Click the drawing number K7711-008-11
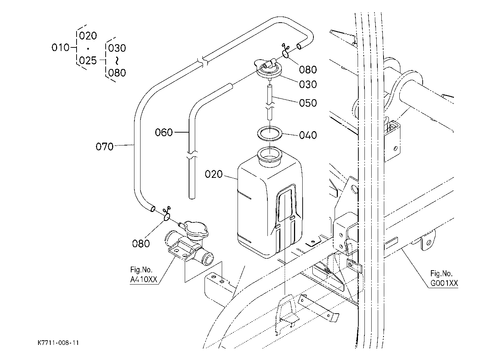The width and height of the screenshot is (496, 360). [58, 343]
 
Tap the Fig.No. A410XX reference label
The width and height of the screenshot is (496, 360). [144, 274]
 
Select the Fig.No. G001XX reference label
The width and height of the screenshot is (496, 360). [444, 278]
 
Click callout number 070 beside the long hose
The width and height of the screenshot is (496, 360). [105, 147]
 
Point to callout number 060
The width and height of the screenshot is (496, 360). [164, 133]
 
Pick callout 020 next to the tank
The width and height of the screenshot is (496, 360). [214, 174]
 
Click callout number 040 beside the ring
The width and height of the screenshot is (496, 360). [308, 135]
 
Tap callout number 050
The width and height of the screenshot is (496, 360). [308, 103]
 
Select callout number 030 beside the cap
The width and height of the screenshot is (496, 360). [308, 84]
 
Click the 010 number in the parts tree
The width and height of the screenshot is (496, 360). [60, 47]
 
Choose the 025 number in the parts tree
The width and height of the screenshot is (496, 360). [88, 60]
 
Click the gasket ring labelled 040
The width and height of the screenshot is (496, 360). [270, 133]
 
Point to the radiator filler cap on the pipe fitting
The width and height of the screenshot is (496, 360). [196, 231]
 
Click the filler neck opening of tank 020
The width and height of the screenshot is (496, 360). [270, 155]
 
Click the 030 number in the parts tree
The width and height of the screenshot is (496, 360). [117, 48]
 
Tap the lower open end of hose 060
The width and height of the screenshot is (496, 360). [192, 197]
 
